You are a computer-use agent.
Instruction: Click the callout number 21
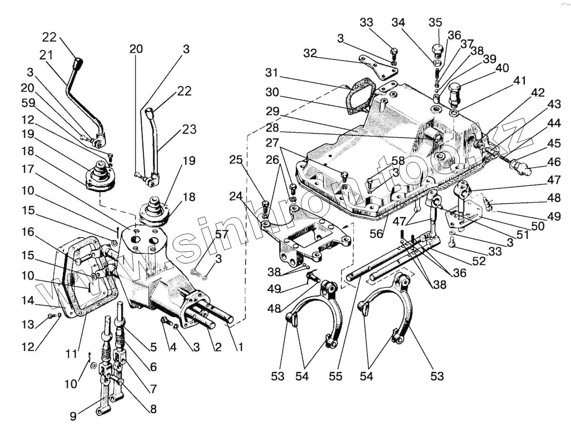46,55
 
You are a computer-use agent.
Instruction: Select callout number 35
435,22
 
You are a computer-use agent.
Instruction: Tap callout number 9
73,416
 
